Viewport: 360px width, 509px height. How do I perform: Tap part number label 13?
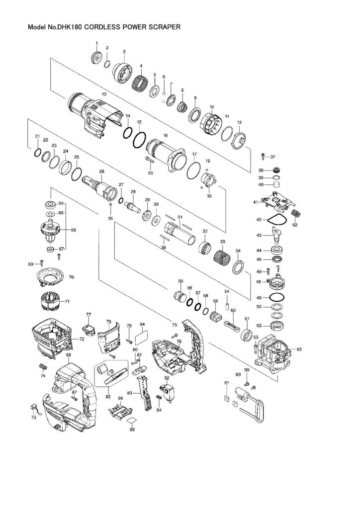104,94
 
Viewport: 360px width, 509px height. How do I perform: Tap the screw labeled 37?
263,158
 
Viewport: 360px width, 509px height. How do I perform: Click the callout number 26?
101,171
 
